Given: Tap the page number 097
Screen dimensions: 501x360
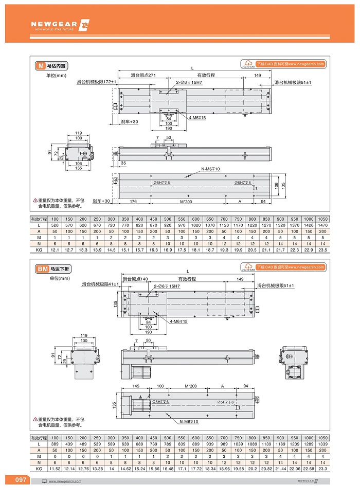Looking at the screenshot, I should coord(21,480).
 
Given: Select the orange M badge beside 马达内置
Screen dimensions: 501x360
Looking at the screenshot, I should coord(40,66).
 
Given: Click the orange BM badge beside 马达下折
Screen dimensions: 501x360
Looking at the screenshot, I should coord(42,269).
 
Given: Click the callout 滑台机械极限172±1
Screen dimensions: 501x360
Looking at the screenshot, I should coord(97,82).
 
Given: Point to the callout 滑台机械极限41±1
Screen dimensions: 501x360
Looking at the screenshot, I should coord(100,284).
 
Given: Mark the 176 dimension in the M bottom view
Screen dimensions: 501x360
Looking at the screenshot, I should coord(133,201).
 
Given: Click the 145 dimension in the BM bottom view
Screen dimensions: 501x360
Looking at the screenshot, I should coord(136,386).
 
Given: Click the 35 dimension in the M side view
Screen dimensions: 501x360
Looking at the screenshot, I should coord(123,163).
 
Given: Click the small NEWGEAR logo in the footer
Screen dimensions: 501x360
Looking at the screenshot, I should coord(308,481).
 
